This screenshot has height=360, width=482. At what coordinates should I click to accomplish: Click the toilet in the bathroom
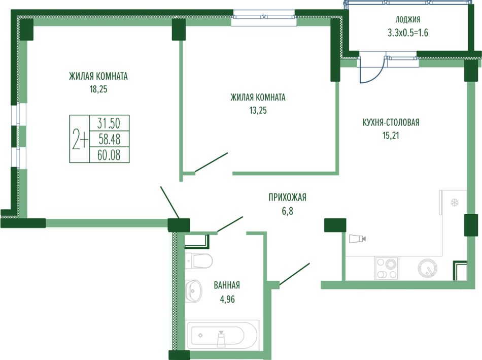click(x=199, y=260)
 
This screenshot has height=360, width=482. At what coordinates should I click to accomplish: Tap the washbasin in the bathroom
click(x=193, y=291)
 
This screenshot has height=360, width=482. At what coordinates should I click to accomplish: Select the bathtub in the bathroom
click(x=222, y=335)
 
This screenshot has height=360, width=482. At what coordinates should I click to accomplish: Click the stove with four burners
click(x=387, y=269)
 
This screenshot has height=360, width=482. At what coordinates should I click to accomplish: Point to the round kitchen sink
click(x=427, y=268)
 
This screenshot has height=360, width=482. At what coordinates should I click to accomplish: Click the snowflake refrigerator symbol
click(x=454, y=203)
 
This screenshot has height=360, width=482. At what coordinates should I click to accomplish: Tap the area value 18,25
click(x=98, y=89)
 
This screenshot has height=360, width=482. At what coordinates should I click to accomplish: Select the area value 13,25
click(x=258, y=111)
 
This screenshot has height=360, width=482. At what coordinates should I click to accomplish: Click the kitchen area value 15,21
click(x=391, y=136)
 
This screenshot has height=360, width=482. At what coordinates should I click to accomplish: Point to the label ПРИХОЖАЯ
click(x=287, y=197)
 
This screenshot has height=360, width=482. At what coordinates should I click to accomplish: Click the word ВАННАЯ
click(x=227, y=285)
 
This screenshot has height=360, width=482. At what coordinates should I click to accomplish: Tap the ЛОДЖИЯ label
click(x=407, y=19)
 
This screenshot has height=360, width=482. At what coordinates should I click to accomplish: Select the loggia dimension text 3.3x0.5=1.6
click(x=407, y=32)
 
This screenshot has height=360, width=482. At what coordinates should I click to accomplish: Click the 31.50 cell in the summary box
click(x=109, y=123)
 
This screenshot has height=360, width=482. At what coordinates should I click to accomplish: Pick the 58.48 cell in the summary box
click(x=109, y=139)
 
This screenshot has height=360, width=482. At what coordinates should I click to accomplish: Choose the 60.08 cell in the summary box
click(x=109, y=155)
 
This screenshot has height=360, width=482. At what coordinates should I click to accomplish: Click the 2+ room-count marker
click(x=80, y=139)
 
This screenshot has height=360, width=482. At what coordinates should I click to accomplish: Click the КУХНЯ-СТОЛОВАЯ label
click(x=391, y=122)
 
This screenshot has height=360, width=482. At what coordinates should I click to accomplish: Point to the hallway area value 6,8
click(x=287, y=211)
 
